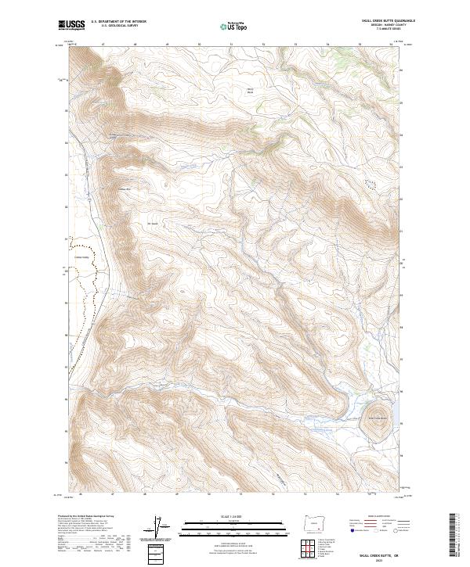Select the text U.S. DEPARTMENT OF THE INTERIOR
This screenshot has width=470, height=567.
coord(118,22)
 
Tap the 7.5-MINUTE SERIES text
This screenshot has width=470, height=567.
coord(379,31)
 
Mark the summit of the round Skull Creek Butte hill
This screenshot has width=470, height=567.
coord(378,412)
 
